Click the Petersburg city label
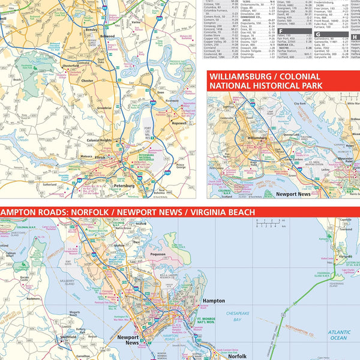click(124, 186)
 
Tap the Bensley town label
click(92, 29)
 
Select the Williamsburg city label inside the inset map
click(256, 137)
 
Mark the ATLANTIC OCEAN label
click(338, 335)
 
